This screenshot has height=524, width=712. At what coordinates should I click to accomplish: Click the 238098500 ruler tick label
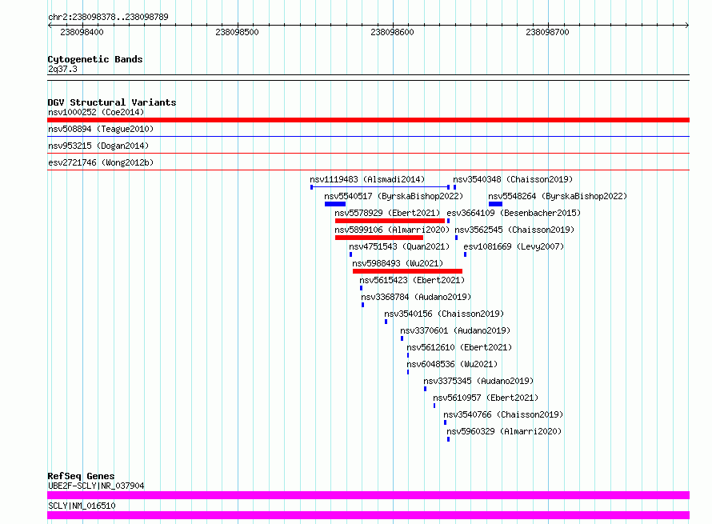[x=237, y=32]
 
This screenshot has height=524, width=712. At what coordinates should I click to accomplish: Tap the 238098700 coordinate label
[x=547, y=32]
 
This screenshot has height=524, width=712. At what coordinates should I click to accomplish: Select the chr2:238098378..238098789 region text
[x=108, y=17]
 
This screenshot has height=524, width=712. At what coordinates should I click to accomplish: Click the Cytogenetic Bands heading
[x=95, y=59]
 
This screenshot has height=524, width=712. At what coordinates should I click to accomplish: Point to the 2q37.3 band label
[x=62, y=69]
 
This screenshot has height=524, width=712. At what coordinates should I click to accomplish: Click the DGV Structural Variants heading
[x=112, y=102]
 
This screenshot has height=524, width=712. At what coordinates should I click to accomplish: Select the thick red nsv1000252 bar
[x=368, y=120]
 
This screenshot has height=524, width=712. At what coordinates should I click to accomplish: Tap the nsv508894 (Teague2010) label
[x=101, y=129]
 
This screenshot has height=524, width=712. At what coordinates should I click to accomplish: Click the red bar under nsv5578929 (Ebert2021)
[x=390, y=221]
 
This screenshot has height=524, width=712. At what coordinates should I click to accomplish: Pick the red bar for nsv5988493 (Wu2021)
[x=407, y=271]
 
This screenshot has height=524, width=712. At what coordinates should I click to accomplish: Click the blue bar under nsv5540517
[x=335, y=204]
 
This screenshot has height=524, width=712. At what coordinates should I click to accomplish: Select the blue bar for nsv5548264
[x=495, y=204]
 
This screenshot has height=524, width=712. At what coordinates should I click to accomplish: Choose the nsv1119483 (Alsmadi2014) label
[x=367, y=179]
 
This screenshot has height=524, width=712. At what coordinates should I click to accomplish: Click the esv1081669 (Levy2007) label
[x=514, y=246]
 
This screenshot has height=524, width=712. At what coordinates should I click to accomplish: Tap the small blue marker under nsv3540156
[x=386, y=322]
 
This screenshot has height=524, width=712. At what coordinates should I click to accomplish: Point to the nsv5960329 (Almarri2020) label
[x=504, y=431]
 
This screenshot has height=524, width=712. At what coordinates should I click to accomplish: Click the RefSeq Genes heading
[x=81, y=476]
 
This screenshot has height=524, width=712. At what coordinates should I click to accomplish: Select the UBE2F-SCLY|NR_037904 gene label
[x=96, y=486]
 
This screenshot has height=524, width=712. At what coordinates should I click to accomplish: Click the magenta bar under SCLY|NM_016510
[x=368, y=515]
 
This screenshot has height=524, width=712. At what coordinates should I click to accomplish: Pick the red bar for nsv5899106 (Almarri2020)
[x=379, y=238]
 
